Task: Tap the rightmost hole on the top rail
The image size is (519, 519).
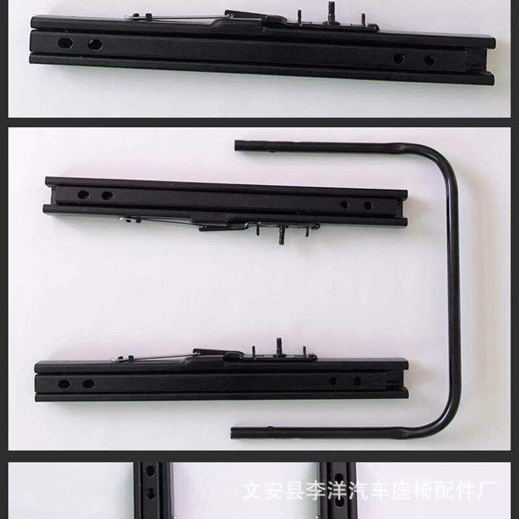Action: pos(429,60)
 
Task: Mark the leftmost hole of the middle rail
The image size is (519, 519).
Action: pos(83,194)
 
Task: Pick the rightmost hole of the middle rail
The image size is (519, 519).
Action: pos(368,205)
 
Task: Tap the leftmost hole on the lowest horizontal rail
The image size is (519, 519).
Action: pos(64,384)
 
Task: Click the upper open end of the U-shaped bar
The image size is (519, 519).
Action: pos(239,145)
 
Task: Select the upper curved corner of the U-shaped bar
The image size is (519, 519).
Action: pos(444,162)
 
